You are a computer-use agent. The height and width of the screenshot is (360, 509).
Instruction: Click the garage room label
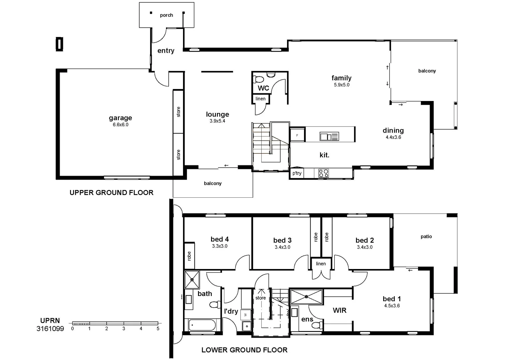(x=120, y=118)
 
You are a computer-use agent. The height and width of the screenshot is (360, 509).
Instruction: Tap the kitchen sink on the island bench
(x=329, y=136)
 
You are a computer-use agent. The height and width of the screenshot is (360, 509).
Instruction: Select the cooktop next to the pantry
(x=324, y=173)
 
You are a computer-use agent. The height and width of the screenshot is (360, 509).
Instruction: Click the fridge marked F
(x=297, y=135)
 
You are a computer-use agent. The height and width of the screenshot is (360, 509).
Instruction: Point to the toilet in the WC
(x=258, y=80)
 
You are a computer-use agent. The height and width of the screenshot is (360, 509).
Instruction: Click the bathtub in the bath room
(x=202, y=325)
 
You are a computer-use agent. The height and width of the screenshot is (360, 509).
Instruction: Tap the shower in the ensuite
(x=306, y=297)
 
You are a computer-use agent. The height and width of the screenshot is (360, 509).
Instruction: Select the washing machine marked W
(x=246, y=315)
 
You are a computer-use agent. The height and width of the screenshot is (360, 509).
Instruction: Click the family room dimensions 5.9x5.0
(x=342, y=85)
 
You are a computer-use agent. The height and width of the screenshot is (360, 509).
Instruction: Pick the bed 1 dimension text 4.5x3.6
(x=392, y=306)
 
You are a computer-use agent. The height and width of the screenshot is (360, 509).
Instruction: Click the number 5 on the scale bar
(x=158, y=329)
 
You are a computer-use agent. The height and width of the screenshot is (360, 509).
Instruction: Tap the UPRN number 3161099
(x=50, y=329)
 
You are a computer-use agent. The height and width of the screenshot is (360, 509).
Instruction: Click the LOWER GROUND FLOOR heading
(x=245, y=350)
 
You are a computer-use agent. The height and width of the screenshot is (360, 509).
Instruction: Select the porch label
(x=166, y=15)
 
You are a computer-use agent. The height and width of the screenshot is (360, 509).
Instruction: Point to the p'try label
(x=297, y=173)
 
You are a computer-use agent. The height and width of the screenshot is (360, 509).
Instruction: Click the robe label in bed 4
(x=189, y=256)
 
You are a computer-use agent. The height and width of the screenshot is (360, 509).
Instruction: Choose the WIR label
(x=339, y=310)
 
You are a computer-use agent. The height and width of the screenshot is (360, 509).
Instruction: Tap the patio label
(x=426, y=237)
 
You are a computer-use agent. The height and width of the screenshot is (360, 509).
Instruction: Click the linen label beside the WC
(x=260, y=99)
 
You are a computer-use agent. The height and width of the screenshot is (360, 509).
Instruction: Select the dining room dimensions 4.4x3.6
(x=393, y=137)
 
